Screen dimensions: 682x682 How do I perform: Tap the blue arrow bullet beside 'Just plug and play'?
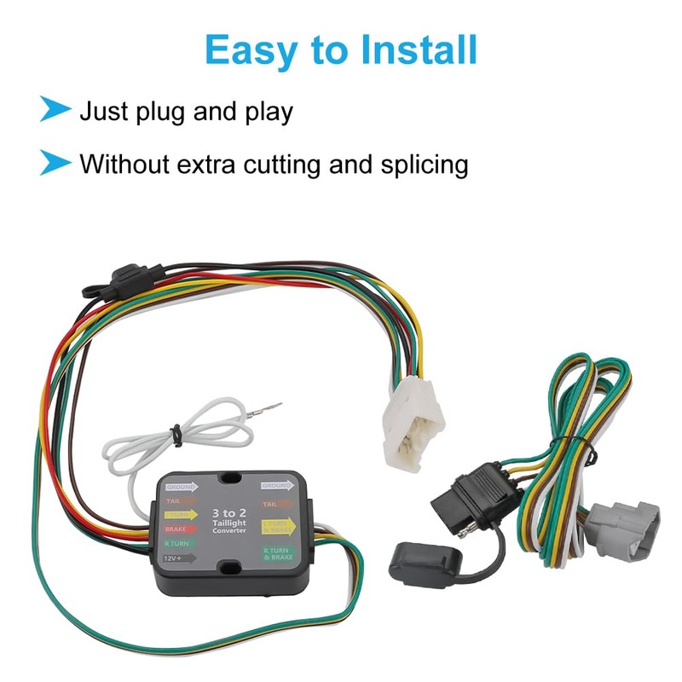tap(55, 110)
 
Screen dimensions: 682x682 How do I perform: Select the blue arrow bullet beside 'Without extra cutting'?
tap(55, 161)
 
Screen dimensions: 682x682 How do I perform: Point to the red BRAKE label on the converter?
tap(175, 529)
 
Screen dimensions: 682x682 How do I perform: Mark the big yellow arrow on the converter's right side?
tap(278, 527)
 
